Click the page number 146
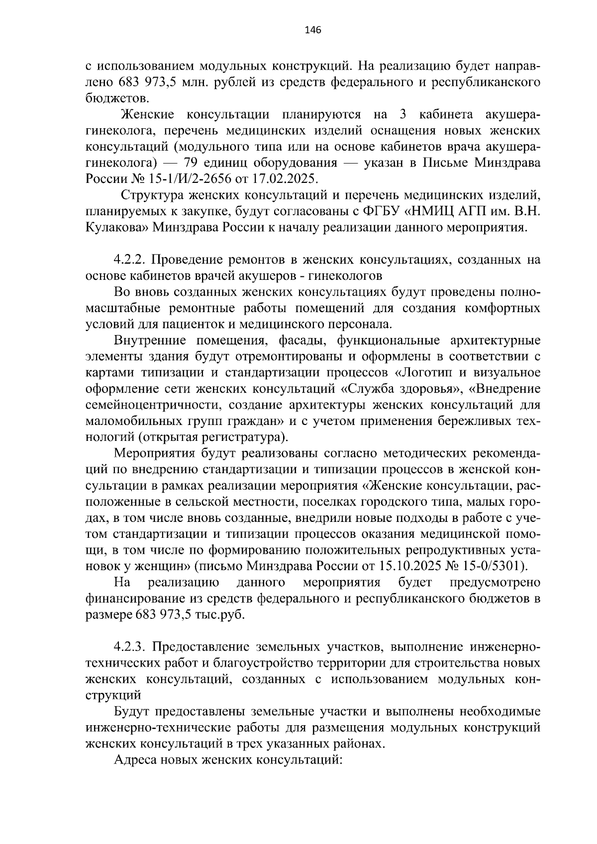pos(313,30)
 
